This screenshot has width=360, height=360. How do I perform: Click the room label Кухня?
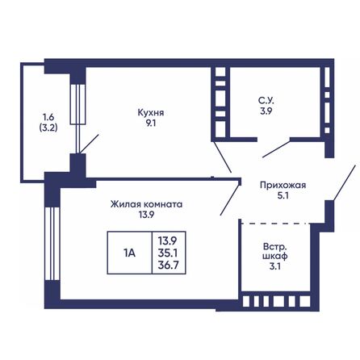tap(151, 113)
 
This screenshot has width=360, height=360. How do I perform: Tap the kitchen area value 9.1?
tap(151, 124)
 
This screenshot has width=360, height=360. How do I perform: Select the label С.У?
tap(265, 101)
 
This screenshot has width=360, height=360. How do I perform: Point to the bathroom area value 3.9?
tap(265, 112)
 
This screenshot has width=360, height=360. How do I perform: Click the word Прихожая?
tap(283, 183)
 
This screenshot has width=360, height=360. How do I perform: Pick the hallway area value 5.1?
tap(283, 195)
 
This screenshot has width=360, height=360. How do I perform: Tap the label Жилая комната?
tap(146, 205)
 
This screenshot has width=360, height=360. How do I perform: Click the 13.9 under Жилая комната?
tap(146, 216)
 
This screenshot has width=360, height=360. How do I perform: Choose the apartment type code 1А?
tap(129, 252)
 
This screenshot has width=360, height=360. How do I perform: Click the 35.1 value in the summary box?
tap(168, 252)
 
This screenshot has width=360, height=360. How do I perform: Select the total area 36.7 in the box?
tap(168, 265)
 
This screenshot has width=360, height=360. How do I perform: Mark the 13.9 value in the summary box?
tap(168, 240)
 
